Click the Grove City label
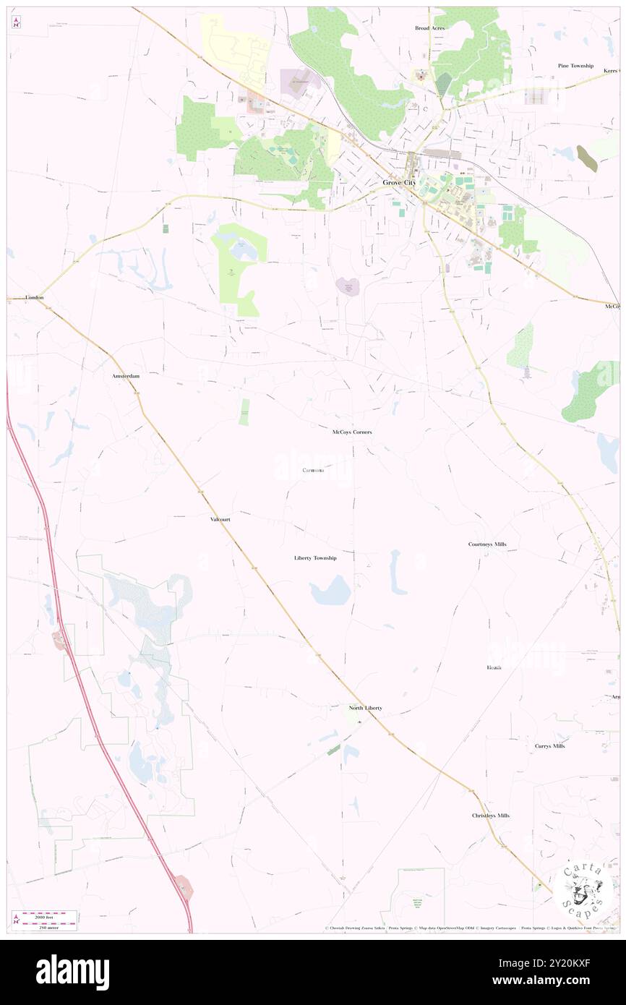[399, 183]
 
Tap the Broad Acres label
[429, 28]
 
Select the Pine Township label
[575, 66]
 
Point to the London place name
[34, 297]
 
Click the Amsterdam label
[125, 377]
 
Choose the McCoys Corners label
[352, 432]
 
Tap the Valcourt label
[220, 519]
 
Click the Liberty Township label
[315, 558]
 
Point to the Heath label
[494, 667]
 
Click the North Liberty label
[365, 708]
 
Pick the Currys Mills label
[549, 745]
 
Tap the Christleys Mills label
[490, 815]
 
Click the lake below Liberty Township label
[330, 594]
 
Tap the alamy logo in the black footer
[72, 972]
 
